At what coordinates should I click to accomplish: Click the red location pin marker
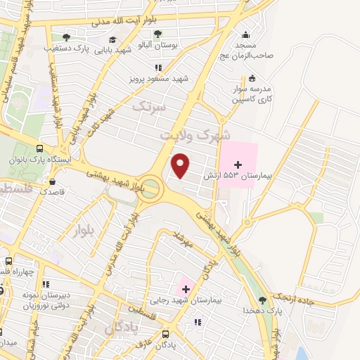(x=181, y=166)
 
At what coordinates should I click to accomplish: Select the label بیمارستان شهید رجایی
(x=215, y=300)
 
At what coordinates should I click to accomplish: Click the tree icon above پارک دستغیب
(x=66, y=37)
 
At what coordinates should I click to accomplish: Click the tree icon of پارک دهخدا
(x=262, y=300)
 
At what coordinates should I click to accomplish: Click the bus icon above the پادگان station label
(x=165, y=335)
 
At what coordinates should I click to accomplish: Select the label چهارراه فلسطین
(x=14, y=271)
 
